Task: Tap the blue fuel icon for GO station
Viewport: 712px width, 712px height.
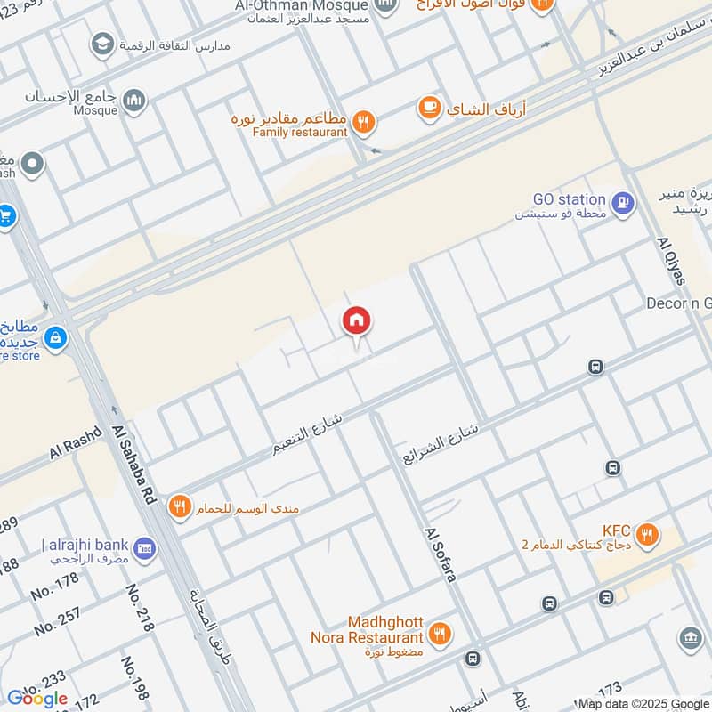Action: [625, 204]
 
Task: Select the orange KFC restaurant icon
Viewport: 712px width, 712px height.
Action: [648, 535]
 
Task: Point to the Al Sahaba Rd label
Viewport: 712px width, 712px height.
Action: [134, 465]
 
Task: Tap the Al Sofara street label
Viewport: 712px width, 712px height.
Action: [441, 554]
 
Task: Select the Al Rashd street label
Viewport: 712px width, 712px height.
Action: [77, 442]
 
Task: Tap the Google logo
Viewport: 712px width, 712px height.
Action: [37, 699]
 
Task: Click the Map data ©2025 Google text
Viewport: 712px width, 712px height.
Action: [643, 703]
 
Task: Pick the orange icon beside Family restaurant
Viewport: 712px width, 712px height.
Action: [363, 123]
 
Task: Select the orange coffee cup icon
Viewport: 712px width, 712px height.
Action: [430, 109]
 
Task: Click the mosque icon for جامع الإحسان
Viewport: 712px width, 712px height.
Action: [134, 100]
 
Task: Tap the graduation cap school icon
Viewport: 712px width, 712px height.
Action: [103, 44]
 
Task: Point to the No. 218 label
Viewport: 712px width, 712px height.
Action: [141, 608]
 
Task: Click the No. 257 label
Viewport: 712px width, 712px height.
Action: [56, 620]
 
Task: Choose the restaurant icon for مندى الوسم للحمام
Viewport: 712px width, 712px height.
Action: [181, 507]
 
